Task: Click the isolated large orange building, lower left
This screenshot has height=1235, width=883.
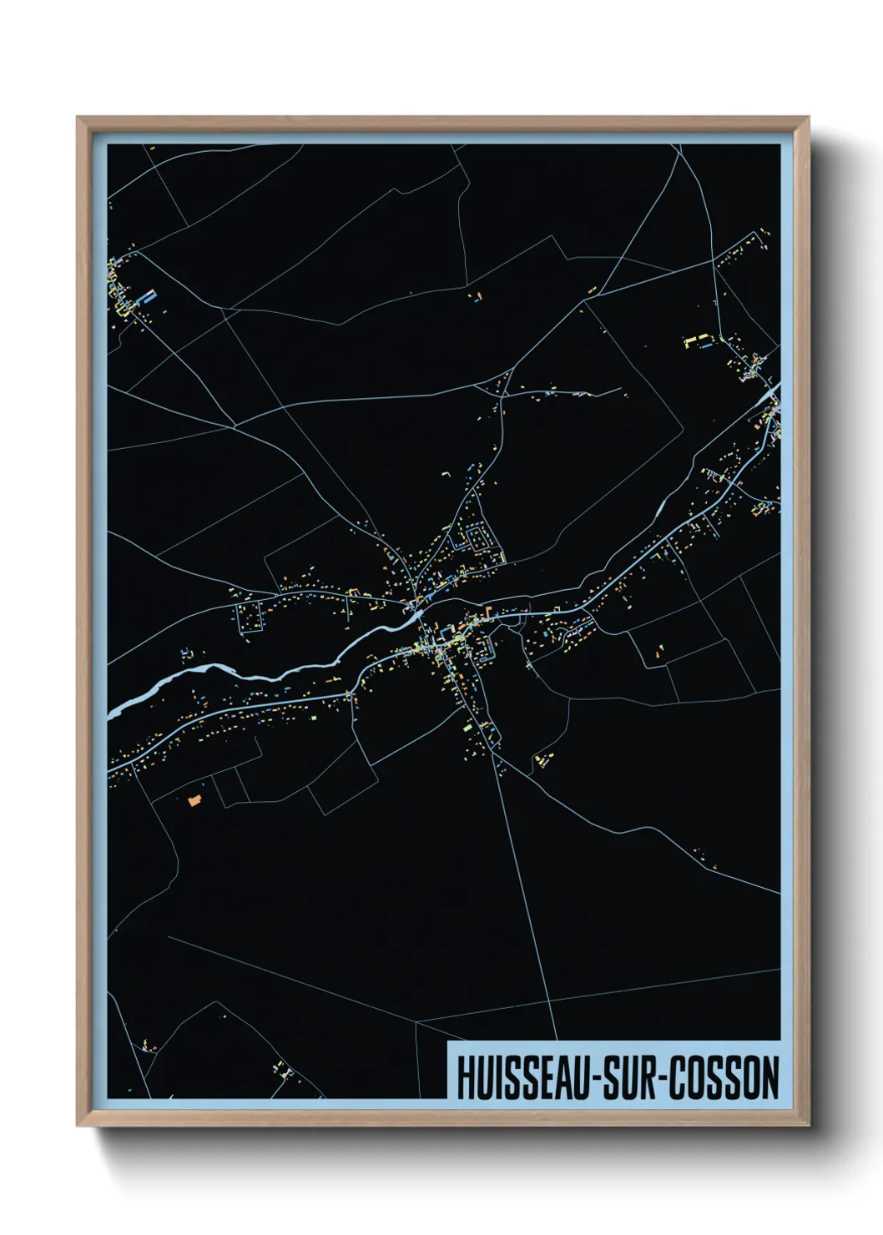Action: pos(194,800)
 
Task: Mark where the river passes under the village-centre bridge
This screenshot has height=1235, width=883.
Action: pos(415,613)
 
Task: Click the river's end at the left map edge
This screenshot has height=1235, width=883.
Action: pos(111,713)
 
